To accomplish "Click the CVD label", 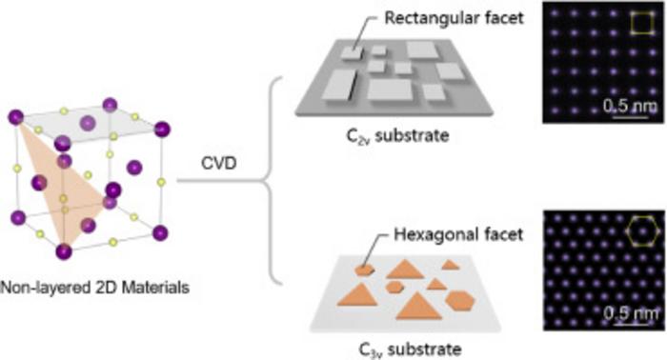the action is (218, 163).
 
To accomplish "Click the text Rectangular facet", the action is (454, 18).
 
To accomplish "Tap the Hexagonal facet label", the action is (458, 234).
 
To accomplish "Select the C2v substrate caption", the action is (397, 136).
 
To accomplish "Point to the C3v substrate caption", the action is (410, 350).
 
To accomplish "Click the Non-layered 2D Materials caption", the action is (94, 288).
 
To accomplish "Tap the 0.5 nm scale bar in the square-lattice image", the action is (630, 115).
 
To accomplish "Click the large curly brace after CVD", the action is (271, 181).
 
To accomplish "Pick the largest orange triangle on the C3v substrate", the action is (418, 306).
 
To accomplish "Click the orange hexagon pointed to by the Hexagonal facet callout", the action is (365, 270).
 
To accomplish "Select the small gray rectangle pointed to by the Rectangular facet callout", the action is (353, 53).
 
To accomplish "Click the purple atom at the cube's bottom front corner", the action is (64, 251).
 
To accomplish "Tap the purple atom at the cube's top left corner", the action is (16, 117).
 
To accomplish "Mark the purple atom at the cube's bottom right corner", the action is (160, 233).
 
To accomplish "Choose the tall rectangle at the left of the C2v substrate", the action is (339, 86).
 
